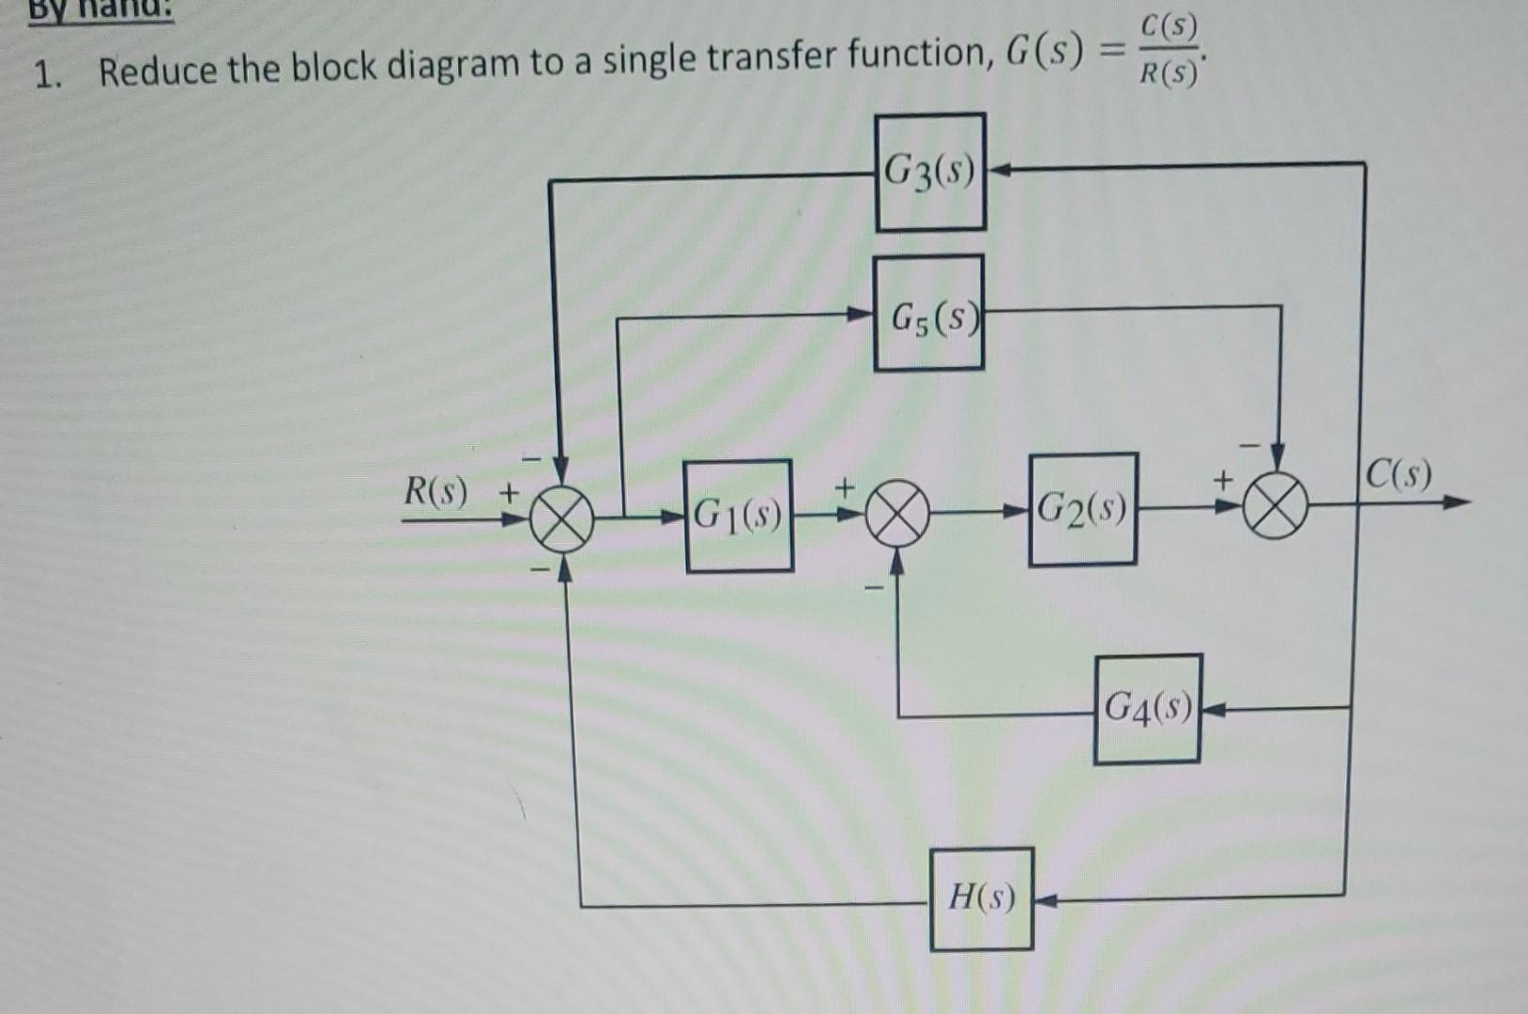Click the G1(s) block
739,515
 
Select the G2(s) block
1082,510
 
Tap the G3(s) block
930,172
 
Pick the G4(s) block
1147,708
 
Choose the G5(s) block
928,313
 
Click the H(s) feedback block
982,899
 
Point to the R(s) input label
435,491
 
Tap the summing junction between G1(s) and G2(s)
896,515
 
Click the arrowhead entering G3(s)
998,171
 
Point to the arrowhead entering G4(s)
1212,711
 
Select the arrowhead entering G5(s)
861,315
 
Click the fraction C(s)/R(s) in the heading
1168,51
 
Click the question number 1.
43,73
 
